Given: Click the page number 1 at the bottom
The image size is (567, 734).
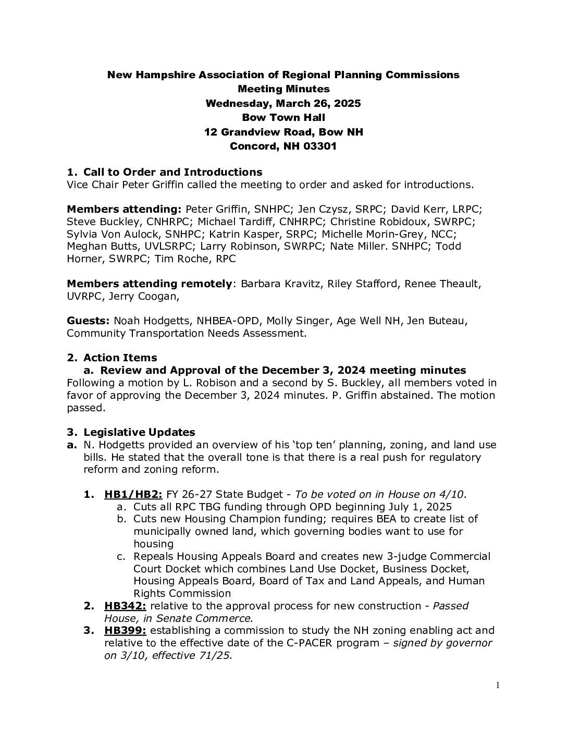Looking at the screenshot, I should [498, 686].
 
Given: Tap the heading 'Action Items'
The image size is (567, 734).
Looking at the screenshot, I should [120, 358].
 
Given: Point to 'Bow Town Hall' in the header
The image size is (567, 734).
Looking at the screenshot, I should [283, 118].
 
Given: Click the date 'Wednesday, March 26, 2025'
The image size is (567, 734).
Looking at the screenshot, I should [283, 103].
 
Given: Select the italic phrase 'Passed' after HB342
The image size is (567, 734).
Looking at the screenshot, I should [451, 606].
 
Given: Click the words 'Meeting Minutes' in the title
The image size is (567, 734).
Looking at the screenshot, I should [283, 89].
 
